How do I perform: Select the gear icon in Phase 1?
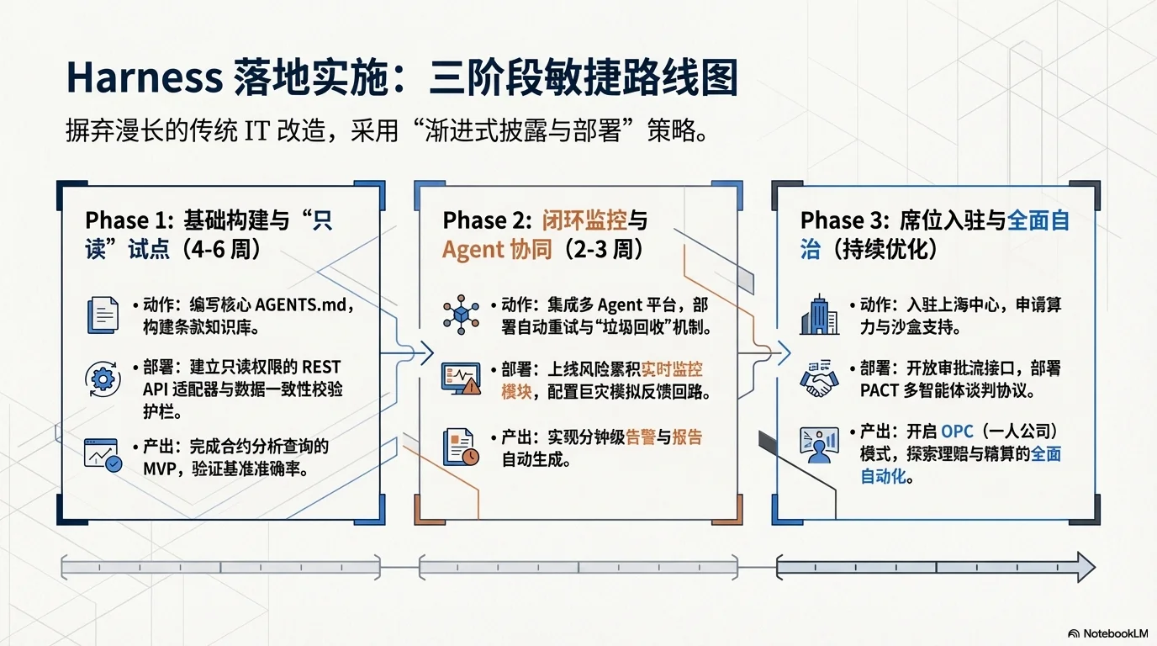point(103,379)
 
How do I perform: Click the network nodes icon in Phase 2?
point(461,315)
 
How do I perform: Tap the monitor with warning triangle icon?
point(461,379)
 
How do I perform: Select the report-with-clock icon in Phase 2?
point(461,447)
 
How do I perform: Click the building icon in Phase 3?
point(819,315)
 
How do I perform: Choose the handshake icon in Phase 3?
point(819,379)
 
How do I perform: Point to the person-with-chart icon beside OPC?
point(819,445)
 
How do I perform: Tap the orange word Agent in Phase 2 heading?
point(473,250)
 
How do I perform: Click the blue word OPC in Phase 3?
point(957,432)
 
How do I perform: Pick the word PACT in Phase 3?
point(880,390)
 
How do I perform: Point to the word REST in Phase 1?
point(321,368)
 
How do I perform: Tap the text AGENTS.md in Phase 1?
point(300,304)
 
